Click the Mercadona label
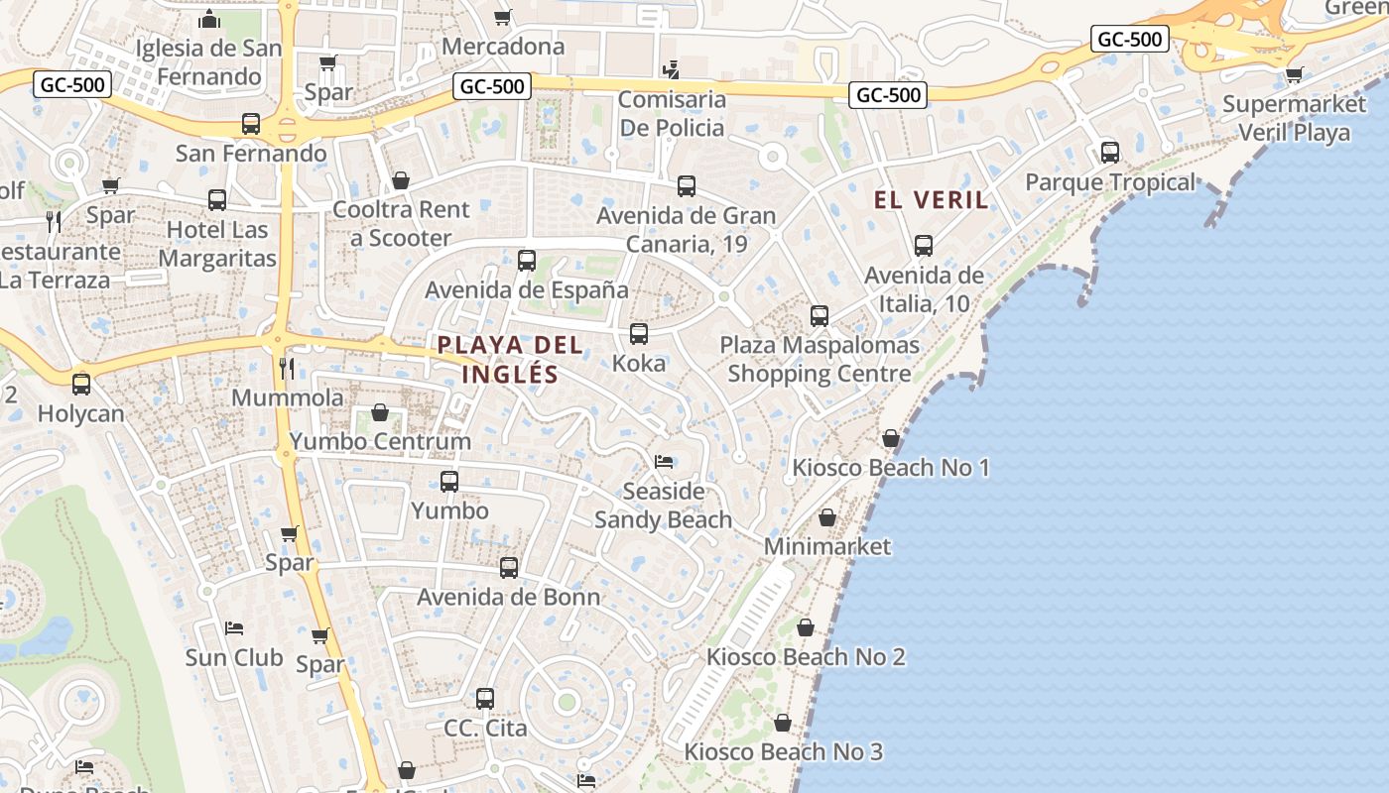503,46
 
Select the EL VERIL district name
931,200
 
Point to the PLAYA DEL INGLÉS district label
510,360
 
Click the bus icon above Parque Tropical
1110,153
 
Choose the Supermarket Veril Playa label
1294,118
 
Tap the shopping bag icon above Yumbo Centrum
380,412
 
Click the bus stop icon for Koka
639,334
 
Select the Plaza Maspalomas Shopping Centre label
820,360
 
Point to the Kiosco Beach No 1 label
891,467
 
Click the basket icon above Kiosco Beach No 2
806,627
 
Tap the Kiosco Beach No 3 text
783,752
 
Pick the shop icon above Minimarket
827,517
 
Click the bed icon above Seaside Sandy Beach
664,462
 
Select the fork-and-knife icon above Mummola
287,369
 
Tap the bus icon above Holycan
81,384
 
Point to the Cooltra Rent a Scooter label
401,224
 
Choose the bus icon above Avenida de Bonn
509,568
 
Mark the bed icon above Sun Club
234,628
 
